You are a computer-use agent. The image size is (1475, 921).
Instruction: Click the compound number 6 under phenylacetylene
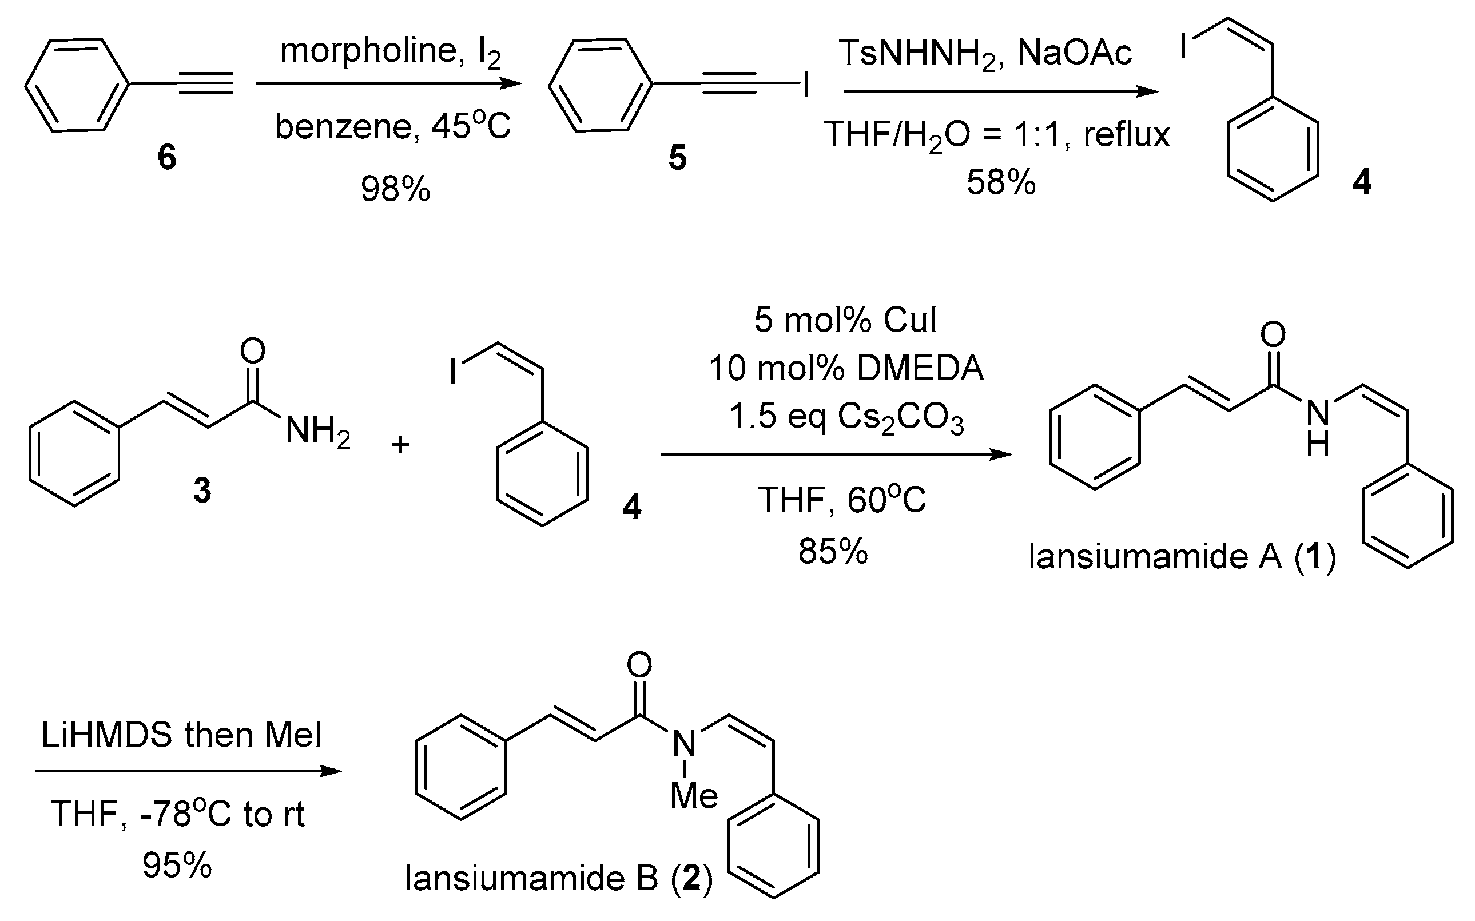pyautogui.click(x=166, y=157)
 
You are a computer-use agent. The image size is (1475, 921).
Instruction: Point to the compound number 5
pyautogui.click(x=677, y=157)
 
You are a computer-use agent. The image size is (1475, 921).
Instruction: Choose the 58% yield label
pyautogui.click(x=1001, y=182)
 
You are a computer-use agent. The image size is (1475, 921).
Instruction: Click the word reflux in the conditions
pyautogui.click(x=1127, y=134)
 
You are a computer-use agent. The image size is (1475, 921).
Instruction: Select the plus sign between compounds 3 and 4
pyautogui.click(x=400, y=445)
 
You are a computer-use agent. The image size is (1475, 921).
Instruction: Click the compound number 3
pyautogui.click(x=202, y=491)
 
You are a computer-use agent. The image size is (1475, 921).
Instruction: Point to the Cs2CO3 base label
pyautogui.click(x=900, y=418)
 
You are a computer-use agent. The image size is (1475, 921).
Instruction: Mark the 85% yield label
pyautogui.click(x=833, y=551)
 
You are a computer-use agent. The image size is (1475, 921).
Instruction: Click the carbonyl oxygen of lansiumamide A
pyautogui.click(x=1273, y=334)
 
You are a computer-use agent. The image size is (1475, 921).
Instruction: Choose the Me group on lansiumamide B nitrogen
pyautogui.click(x=694, y=796)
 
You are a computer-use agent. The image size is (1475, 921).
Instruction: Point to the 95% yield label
pyautogui.click(x=177, y=865)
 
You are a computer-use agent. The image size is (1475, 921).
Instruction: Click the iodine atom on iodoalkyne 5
pyautogui.click(x=806, y=85)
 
